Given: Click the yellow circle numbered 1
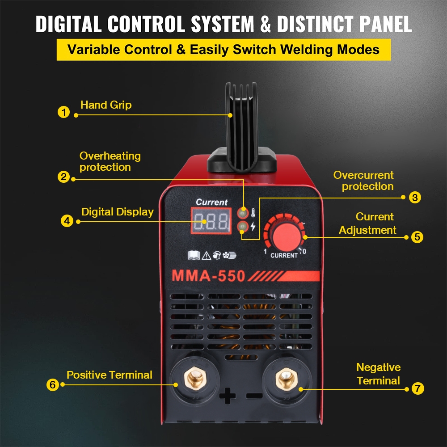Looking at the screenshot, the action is click(64, 112).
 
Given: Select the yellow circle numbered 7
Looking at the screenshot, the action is click(417, 388).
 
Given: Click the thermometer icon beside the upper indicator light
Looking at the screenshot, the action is click(253, 212).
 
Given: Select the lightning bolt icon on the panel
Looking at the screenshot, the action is click(253, 227).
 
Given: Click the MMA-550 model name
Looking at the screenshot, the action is click(209, 276).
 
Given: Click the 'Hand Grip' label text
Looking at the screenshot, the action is click(106, 105).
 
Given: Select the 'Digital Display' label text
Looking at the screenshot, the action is click(117, 212).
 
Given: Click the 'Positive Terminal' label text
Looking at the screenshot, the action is click(110, 375).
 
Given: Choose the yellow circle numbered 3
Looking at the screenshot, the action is click(415, 197).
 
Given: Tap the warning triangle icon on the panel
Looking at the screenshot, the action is click(206, 255).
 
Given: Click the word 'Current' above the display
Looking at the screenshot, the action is click(211, 202).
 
